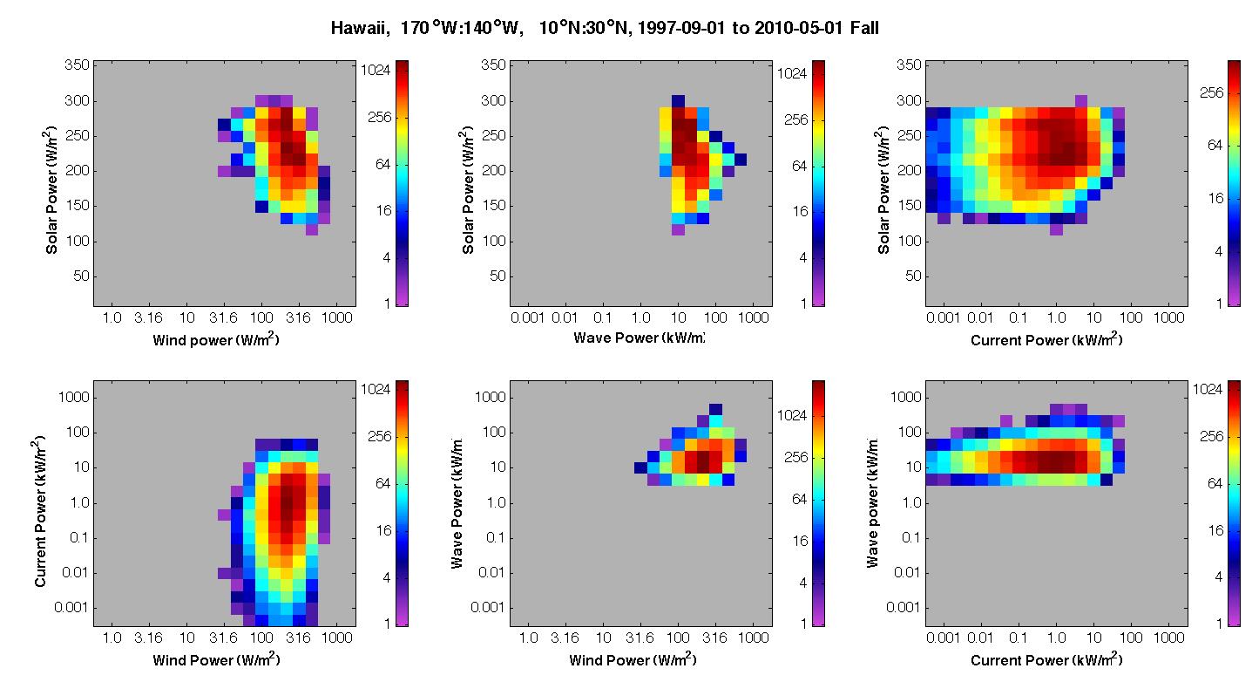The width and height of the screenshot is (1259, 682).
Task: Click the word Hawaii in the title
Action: tap(360, 28)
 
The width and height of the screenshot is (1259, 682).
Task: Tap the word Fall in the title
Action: tap(864, 28)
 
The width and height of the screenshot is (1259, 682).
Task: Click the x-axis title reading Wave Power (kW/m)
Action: tap(639, 338)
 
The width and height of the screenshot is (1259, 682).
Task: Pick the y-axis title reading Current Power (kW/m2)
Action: tap(39, 511)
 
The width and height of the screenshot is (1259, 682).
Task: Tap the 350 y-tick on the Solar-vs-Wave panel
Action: tap(493, 65)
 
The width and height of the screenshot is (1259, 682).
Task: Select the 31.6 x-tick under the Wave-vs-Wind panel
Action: tap(640, 638)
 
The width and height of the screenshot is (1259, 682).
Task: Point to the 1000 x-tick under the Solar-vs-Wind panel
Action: tap(336, 318)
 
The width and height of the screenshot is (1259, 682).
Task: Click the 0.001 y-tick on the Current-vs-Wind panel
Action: tap(71, 608)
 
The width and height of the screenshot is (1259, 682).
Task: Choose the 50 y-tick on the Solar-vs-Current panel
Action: tap(913, 276)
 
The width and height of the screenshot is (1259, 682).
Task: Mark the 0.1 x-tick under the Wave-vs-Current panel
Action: tap(1019, 638)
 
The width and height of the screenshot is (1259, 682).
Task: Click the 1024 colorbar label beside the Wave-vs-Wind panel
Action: tap(792, 415)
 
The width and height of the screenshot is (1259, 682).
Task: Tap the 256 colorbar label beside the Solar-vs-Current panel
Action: tap(1211, 92)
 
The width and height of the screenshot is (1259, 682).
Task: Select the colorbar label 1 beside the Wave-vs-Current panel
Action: tap(1219, 623)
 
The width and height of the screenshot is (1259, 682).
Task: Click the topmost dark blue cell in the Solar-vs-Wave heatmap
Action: tap(679, 101)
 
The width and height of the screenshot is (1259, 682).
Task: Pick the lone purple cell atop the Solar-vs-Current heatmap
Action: tap(1081, 101)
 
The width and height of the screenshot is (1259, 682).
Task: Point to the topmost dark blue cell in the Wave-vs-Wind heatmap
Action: tap(715, 409)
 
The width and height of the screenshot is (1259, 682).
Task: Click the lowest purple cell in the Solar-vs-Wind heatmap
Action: tap(312, 229)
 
